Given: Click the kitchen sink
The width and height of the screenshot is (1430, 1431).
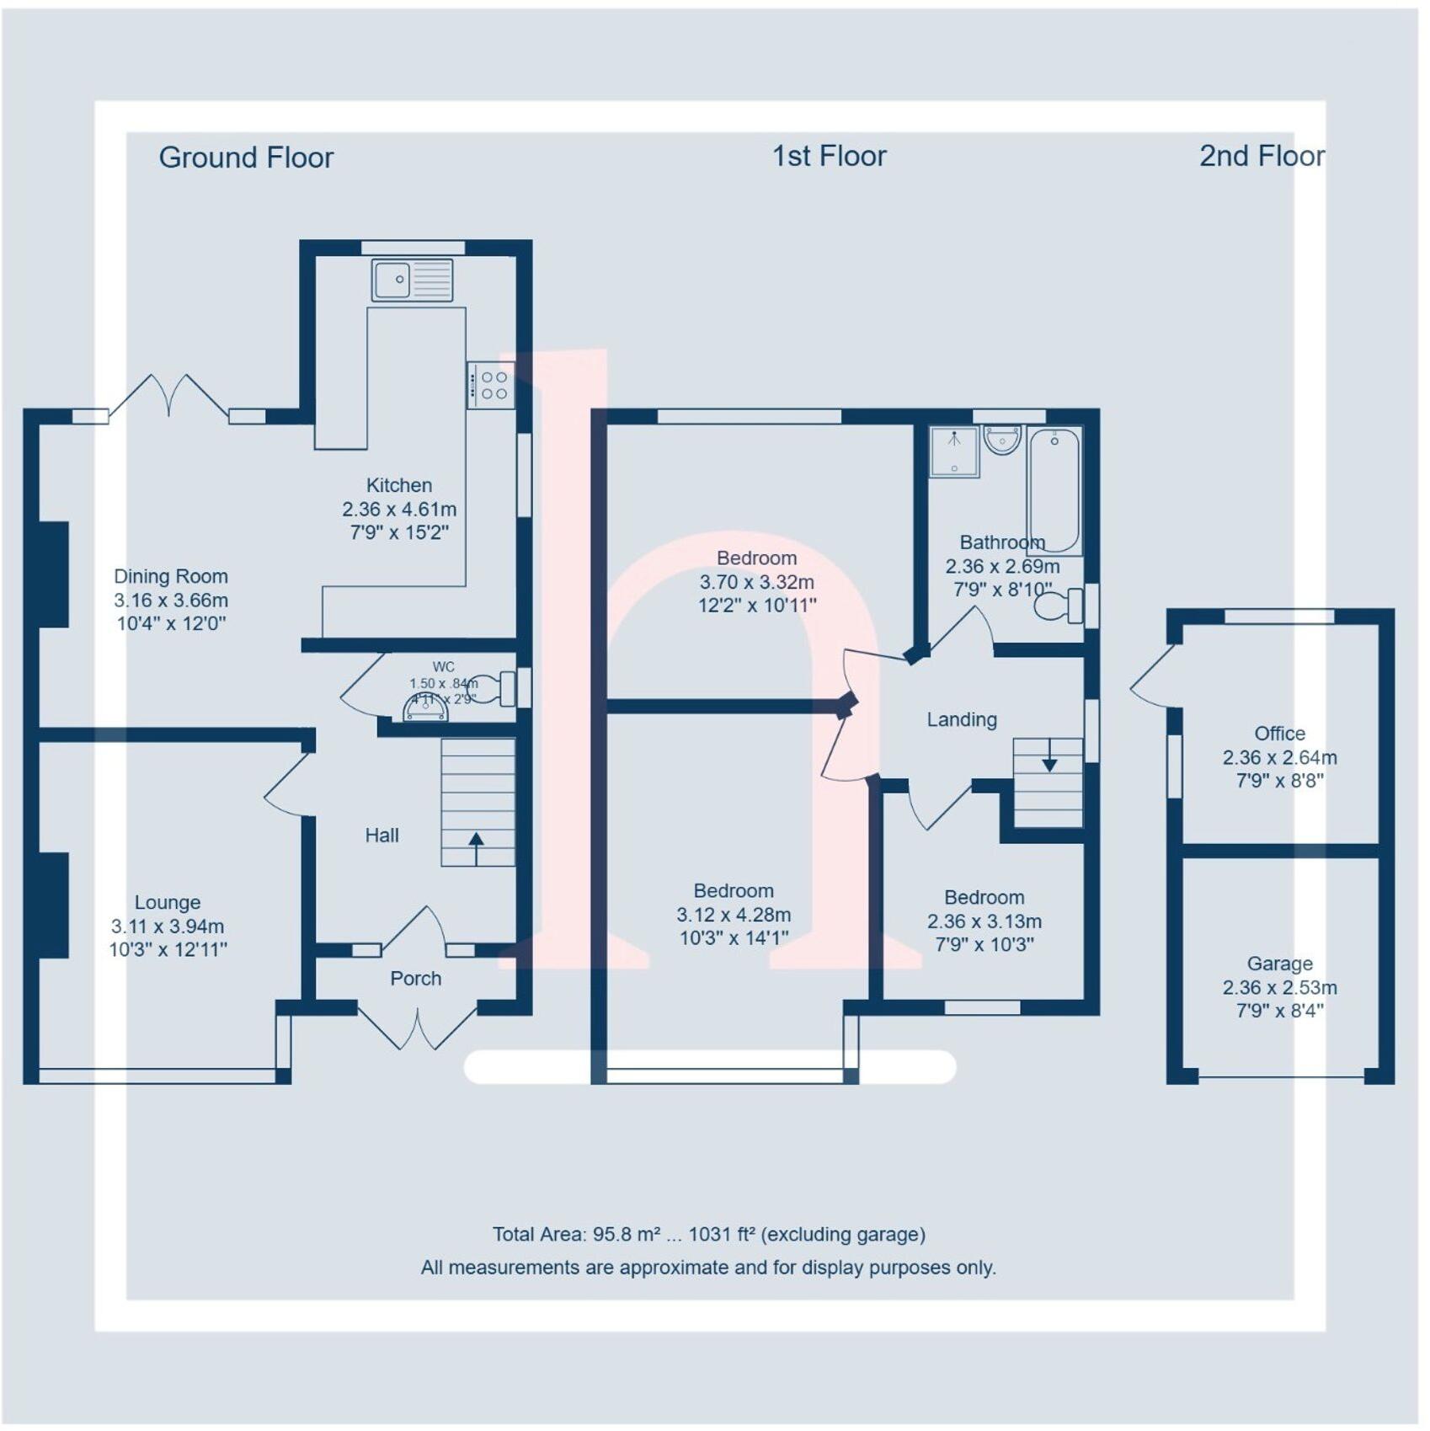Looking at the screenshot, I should click(412, 280).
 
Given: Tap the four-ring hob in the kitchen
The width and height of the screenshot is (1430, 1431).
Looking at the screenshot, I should click(491, 386).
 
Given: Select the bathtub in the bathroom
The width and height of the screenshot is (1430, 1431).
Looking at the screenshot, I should click(1054, 490).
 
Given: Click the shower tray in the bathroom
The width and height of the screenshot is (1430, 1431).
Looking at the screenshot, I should click(954, 451).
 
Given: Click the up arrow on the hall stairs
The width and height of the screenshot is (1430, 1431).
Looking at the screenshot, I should click(476, 847).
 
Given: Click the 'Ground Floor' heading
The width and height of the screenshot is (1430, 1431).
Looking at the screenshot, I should click(246, 158).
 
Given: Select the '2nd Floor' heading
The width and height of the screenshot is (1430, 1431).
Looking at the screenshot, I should click(1262, 156).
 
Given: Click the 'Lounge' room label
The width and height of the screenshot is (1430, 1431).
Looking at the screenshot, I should click(168, 902).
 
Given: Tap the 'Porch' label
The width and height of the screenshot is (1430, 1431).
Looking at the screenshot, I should click(415, 978).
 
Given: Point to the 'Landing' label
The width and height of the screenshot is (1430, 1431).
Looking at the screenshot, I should click(962, 719).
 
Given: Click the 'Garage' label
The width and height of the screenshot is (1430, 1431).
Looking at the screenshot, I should click(1279, 964).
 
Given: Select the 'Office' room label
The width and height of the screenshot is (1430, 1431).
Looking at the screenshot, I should click(1279, 734).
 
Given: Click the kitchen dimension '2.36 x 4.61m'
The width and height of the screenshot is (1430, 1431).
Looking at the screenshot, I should click(399, 509).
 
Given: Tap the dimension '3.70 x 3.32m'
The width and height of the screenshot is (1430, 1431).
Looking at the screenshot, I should click(756, 582).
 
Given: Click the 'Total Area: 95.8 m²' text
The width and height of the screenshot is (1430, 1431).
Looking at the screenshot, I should click(577, 1235).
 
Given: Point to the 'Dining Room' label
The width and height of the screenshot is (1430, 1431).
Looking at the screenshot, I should click(171, 577).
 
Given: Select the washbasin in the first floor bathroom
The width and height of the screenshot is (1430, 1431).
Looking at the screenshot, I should click(1002, 441).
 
